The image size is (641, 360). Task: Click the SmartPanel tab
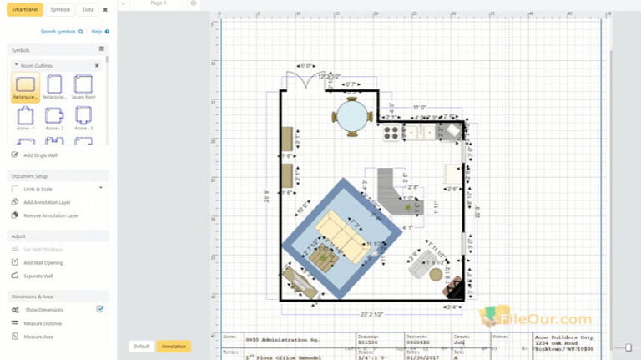pyautogui.click(x=23, y=9)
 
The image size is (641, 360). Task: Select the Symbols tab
pyautogui.click(x=60, y=9)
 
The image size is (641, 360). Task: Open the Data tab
pyautogui.click(x=88, y=9)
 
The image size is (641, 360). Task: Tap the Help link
pyautogui.click(x=98, y=31)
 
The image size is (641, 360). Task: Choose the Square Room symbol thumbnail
pyautogui.click(x=83, y=85)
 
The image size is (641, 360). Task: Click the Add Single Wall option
pyautogui.click(x=42, y=155)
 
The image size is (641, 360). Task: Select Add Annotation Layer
pyautogui.click(x=47, y=202)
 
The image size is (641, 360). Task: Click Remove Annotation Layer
pyautogui.click(x=51, y=215)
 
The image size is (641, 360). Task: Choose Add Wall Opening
pyautogui.click(x=43, y=262)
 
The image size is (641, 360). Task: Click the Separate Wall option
pyautogui.click(x=38, y=276)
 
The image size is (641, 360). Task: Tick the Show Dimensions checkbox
pyautogui.click(x=100, y=309)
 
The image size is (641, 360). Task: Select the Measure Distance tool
pyautogui.click(x=43, y=322)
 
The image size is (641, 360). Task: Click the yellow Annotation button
pyautogui.click(x=174, y=346)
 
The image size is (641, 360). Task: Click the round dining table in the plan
pyautogui.click(x=351, y=117)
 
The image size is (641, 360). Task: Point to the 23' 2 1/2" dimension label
pyautogui.click(x=371, y=314)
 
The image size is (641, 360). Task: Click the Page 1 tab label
pyautogui.click(x=158, y=3)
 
